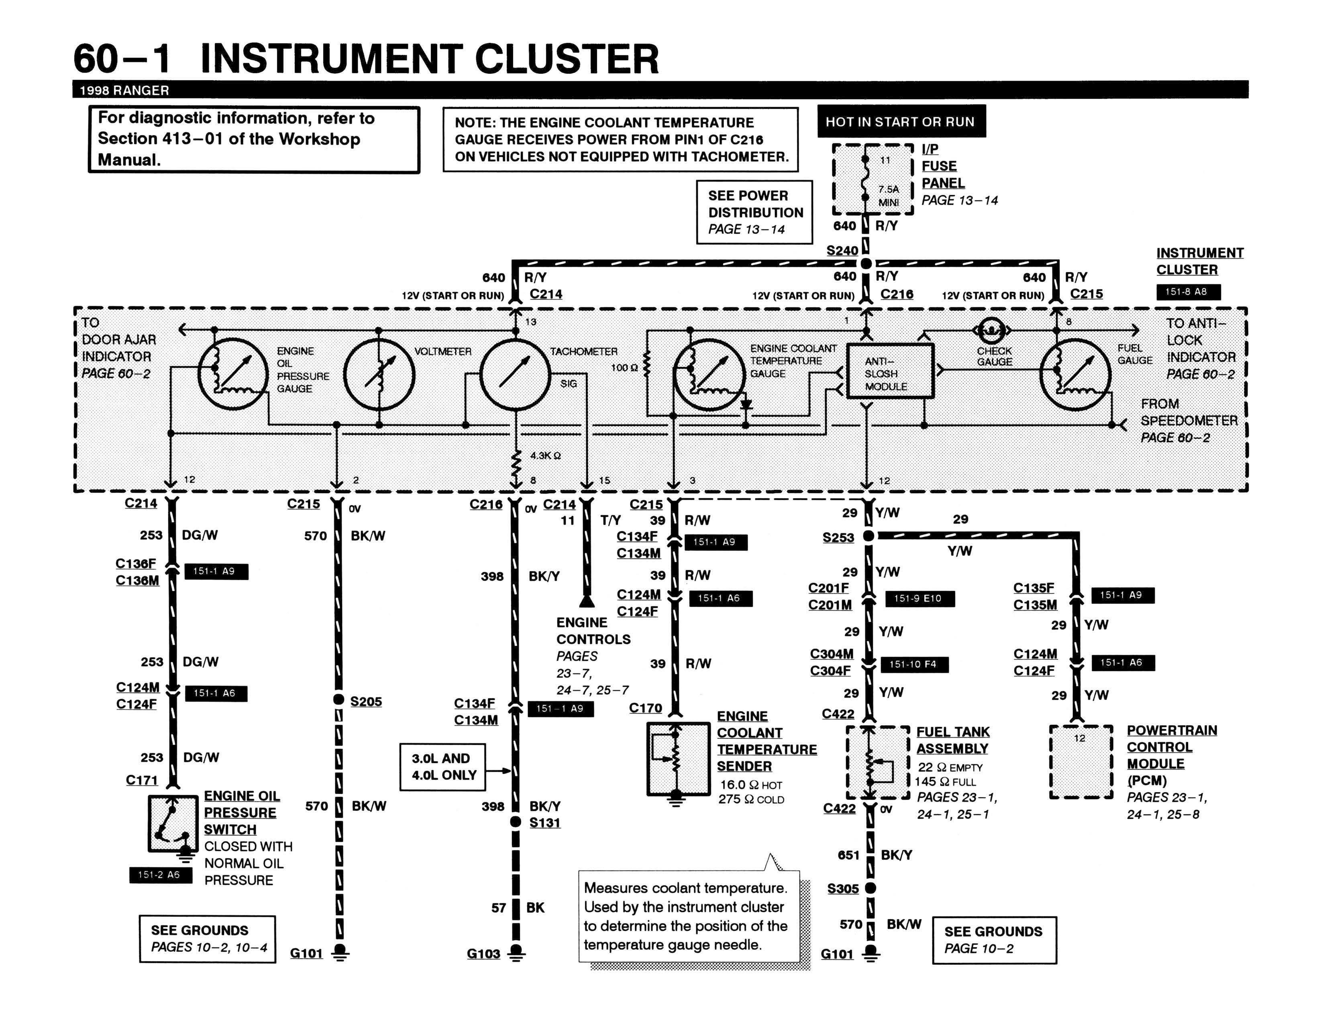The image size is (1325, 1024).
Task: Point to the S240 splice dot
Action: tap(866, 263)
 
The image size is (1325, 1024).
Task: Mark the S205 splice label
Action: tap(366, 701)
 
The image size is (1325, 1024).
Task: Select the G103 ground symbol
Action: tap(516, 952)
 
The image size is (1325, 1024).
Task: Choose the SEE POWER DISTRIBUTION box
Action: tap(754, 212)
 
